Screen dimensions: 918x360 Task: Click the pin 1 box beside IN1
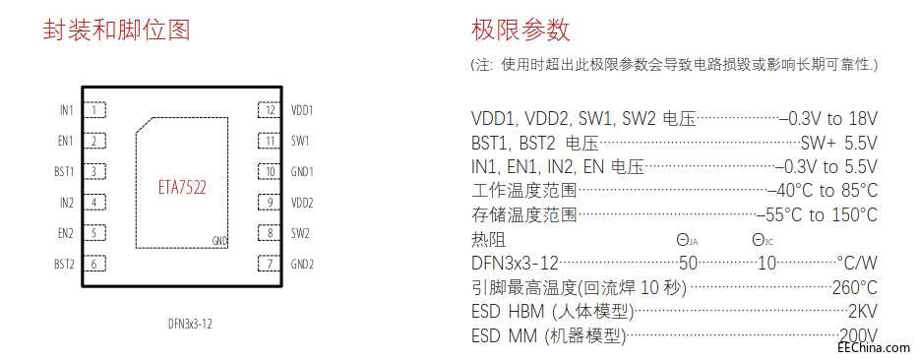coord(94,110)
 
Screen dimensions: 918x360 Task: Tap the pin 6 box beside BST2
coord(94,264)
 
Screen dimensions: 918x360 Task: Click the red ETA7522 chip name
coord(182,186)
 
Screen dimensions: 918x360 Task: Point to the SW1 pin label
coord(300,141)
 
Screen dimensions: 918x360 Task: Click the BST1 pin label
coord(64,172)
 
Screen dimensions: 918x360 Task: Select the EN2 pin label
coord(66,233)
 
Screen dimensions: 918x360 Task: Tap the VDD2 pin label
coord(302,203)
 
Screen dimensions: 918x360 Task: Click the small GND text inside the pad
coord(220,240)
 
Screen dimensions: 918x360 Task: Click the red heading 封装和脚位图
coord(116,30)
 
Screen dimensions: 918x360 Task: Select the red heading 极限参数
coord(520,30)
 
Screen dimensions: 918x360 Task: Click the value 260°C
coord(854,288)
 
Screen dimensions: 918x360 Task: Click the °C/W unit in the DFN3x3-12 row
coord(856,264)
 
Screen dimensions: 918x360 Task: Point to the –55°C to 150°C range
coord(817,215)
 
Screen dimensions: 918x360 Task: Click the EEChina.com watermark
coord(873,346)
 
